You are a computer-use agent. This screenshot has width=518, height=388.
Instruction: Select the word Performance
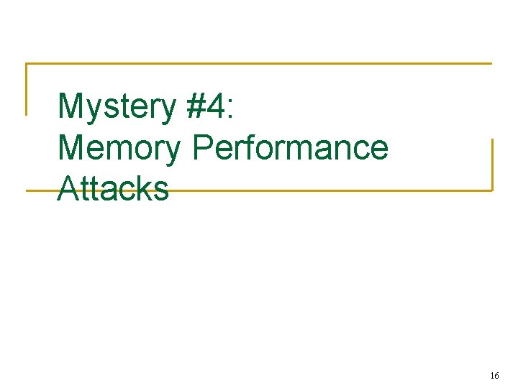[291, 148]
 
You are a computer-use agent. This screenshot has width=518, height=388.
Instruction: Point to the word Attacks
[113, 189]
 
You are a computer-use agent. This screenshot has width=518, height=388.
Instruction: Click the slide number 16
[494, 375]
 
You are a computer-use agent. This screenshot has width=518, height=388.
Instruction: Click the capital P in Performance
[203, 148]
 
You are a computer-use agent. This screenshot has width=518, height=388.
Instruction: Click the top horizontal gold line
[259, 64]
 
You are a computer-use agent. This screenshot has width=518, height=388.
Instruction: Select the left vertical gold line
[27, 90]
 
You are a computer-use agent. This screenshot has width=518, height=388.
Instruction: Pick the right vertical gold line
[492, 165]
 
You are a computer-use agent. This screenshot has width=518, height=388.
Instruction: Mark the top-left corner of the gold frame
[27, 64]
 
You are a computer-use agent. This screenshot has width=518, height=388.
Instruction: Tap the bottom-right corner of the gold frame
[492, 190]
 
